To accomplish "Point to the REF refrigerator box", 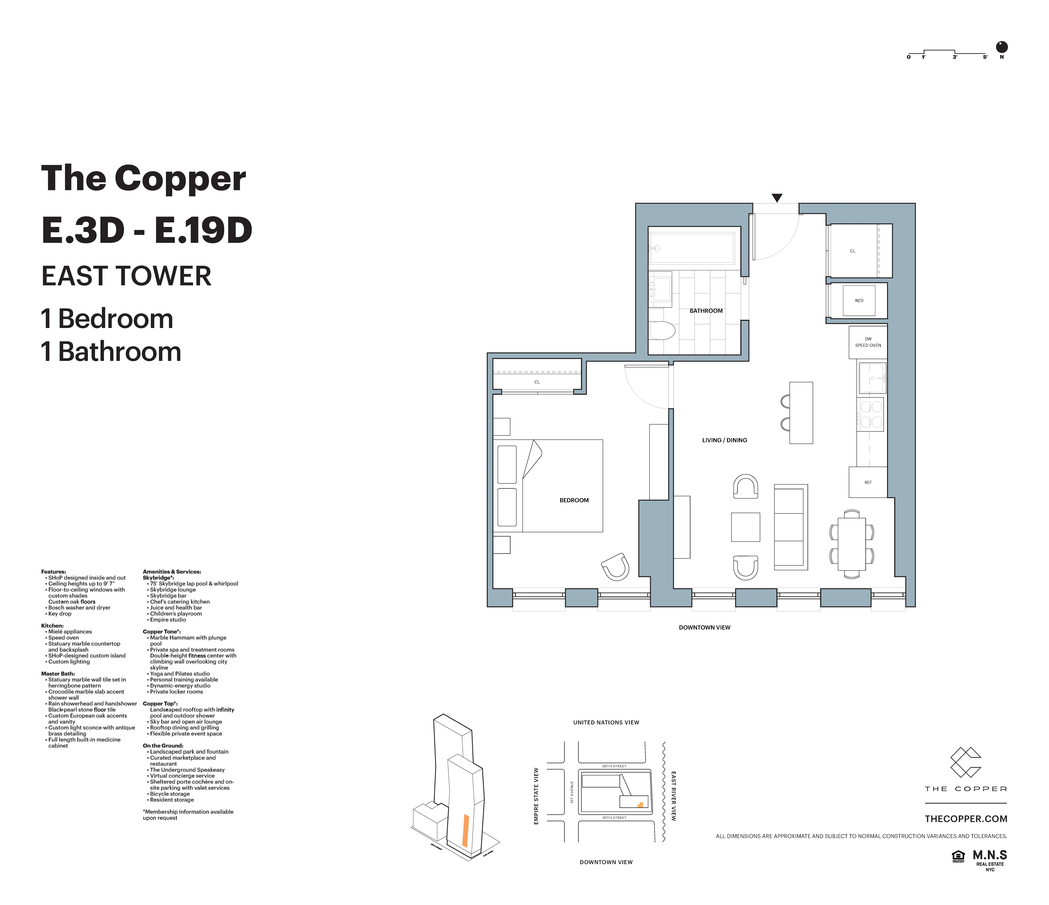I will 868,482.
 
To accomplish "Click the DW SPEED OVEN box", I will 868,342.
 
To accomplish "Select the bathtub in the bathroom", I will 692,248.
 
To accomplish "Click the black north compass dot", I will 1001,47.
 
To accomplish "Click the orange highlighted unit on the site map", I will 640,804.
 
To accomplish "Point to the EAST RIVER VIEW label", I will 673,796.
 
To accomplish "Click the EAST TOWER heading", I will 126,276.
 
